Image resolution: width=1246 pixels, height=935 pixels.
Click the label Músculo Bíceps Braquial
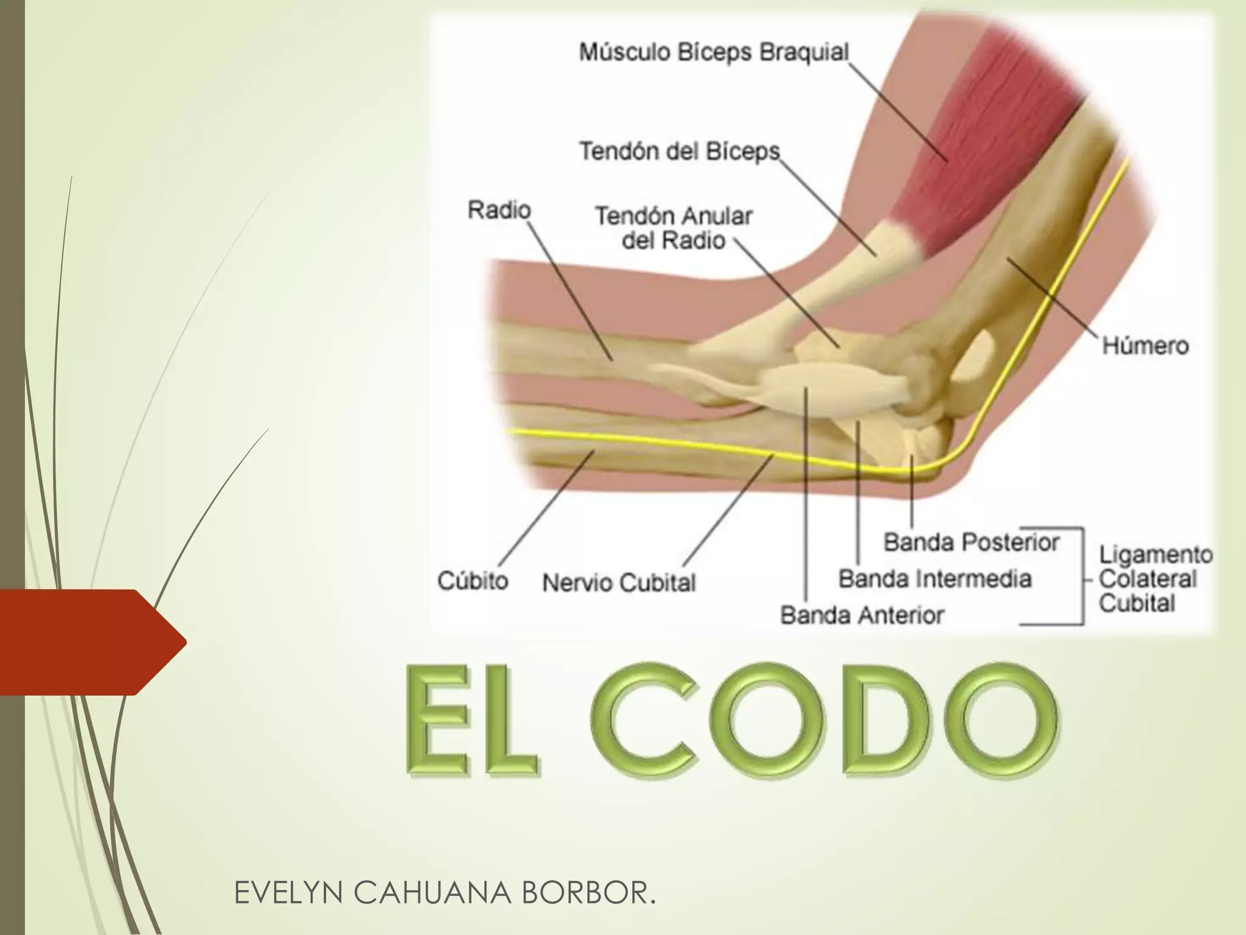[713, 52]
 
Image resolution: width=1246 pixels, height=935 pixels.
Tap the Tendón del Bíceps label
[679, 151]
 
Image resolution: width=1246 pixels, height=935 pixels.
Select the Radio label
[499, 210]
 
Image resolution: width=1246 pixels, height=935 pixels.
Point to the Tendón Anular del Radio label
[673, 228]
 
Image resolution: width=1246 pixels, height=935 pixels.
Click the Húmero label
[1145, 346]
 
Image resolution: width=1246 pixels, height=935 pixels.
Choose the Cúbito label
[473, 581]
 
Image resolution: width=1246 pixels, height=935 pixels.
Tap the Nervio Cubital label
[619, 583]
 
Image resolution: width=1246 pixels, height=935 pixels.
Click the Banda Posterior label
[971, 542]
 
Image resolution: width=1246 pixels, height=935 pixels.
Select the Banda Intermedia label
[934, 579]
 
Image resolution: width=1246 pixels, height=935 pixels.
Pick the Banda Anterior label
[861, 615]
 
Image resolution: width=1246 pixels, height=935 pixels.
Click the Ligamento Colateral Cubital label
[1155, 579]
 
